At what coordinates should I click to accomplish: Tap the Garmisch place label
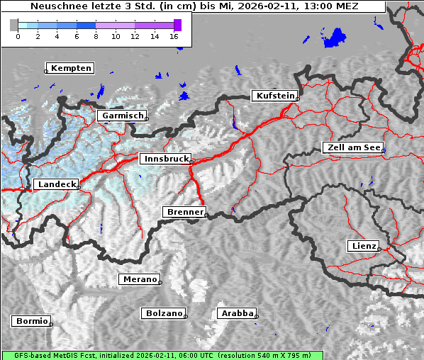click(x=123, y=116)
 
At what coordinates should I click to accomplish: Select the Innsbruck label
click(x=166, y=159)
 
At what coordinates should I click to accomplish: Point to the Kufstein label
click(x=275, y=96)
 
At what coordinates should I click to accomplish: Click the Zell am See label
click(x=352, y=147)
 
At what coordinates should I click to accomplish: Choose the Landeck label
click(x=56, y=184)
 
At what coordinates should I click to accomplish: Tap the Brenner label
click(x=184, y=212)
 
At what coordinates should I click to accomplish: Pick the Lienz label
click(x=364, y=246)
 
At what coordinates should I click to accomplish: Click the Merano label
click(x=140, y=279)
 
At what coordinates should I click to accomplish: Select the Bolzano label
click(x=164, y=313)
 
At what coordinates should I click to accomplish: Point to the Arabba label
click(x=237, y=313)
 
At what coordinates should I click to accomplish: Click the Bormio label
click(x=32, y=321)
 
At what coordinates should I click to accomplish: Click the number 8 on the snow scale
click(x=96, y=36)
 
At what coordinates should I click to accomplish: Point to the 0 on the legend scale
click(x=18, y=36)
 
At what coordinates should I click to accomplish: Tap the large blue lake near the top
click(x=334, y=38)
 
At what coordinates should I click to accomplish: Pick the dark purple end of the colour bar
click(x=177, y=25)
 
